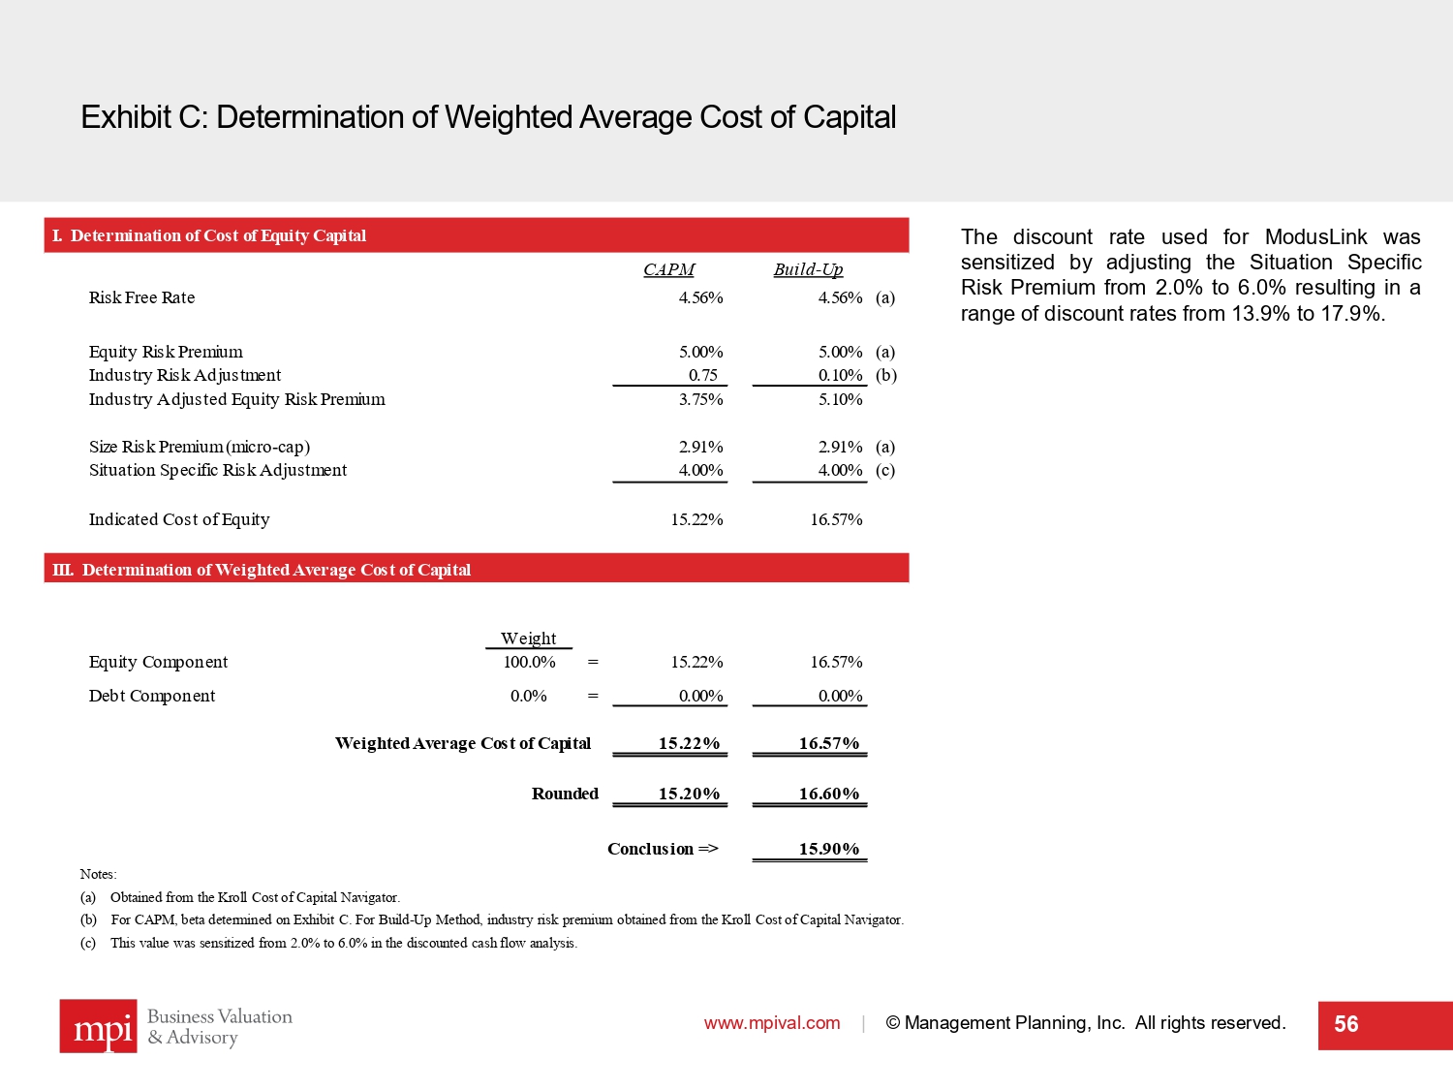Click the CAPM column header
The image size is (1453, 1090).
click(668, 269)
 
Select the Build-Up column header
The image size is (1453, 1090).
click(808, 269)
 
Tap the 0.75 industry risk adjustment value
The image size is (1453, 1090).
click(703, 375)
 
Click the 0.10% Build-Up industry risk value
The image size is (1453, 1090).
click(840, 375)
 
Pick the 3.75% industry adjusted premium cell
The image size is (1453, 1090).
click(700, 399)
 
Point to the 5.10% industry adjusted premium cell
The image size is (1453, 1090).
click(840, 399)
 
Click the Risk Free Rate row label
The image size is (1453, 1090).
click(141, 297)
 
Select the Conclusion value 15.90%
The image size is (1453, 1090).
click(828, 849)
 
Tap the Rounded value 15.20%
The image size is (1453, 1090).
click(689, 794)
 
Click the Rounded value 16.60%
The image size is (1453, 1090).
click(828, 794)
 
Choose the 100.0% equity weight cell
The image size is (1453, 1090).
click(529, 662)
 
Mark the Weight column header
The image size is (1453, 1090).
click(528, 638)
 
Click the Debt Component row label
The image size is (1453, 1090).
click(152, 696)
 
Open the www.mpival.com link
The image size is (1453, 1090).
click(772, 1023)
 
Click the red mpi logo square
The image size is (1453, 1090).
click(98, 1026)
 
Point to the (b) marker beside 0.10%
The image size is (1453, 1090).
click(885, 375)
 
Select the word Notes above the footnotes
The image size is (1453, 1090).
click(97, 874)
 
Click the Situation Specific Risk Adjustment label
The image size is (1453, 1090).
click(218, 470)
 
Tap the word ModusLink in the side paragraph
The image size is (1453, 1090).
click(1315, 237)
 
